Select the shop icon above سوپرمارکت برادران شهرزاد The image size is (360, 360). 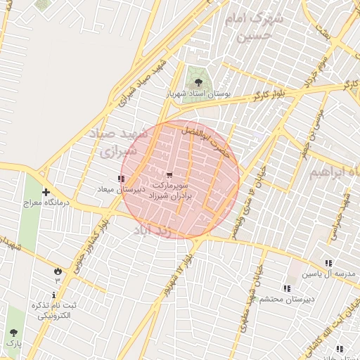click(169, 174)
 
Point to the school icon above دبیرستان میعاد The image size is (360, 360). click(121, 179)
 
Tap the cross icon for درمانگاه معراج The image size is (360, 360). click(46, 192)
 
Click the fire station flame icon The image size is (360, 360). click(57, 271)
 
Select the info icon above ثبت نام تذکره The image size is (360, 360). click(54, 295)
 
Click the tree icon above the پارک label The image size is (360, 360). click(13, 333)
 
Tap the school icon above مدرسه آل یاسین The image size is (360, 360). click(328, 262)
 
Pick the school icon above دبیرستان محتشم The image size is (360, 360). click(285, 288)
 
